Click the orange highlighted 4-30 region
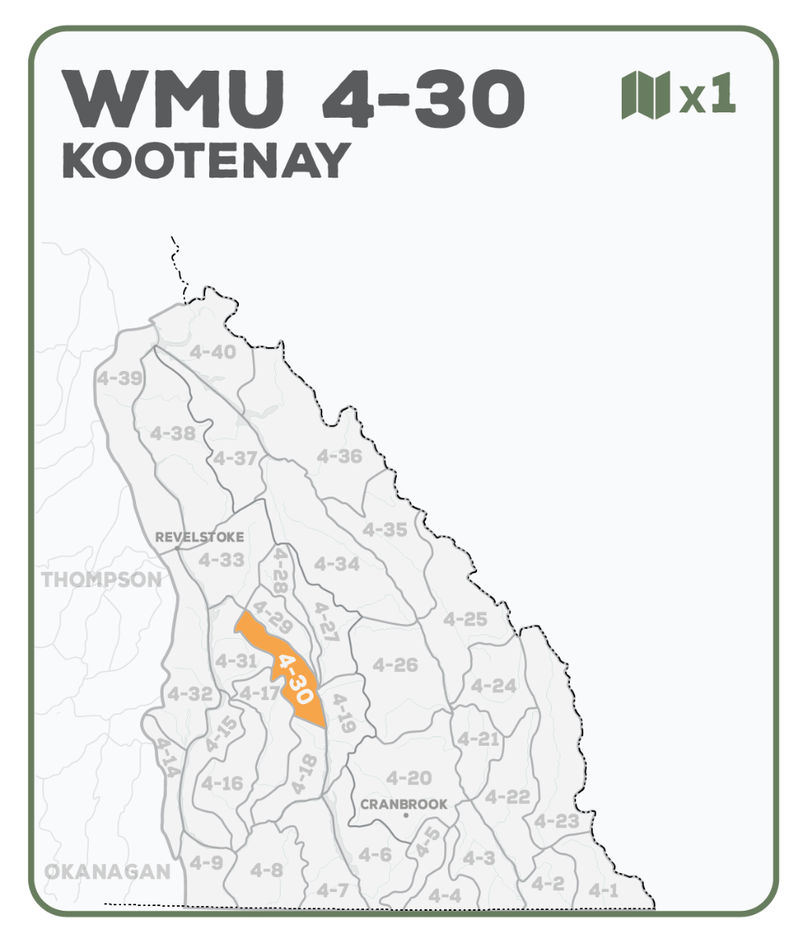click(x=287, y=669)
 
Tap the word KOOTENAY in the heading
click(x=206, y=161)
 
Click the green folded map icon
click(x=645, y=95)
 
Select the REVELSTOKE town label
click(x=200, y=538)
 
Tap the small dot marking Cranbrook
click(x=406, y=816)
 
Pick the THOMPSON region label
click(x=101, y=580)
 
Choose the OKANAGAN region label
click(x=107, y=871)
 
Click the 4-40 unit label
click(x=212, y=352)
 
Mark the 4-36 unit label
click(x=340, y=456)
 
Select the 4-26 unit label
click(x=395, y=665)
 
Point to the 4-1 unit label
click(x=604, y=890)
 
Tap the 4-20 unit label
click(x=409, y=778)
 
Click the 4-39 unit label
click(x=119, y=378)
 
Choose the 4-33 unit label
click(x=221, y=560)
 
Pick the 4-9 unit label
click(x=206, y=863)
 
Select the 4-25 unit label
click(x=465, y=619)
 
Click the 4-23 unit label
click(x=556, y=822)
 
